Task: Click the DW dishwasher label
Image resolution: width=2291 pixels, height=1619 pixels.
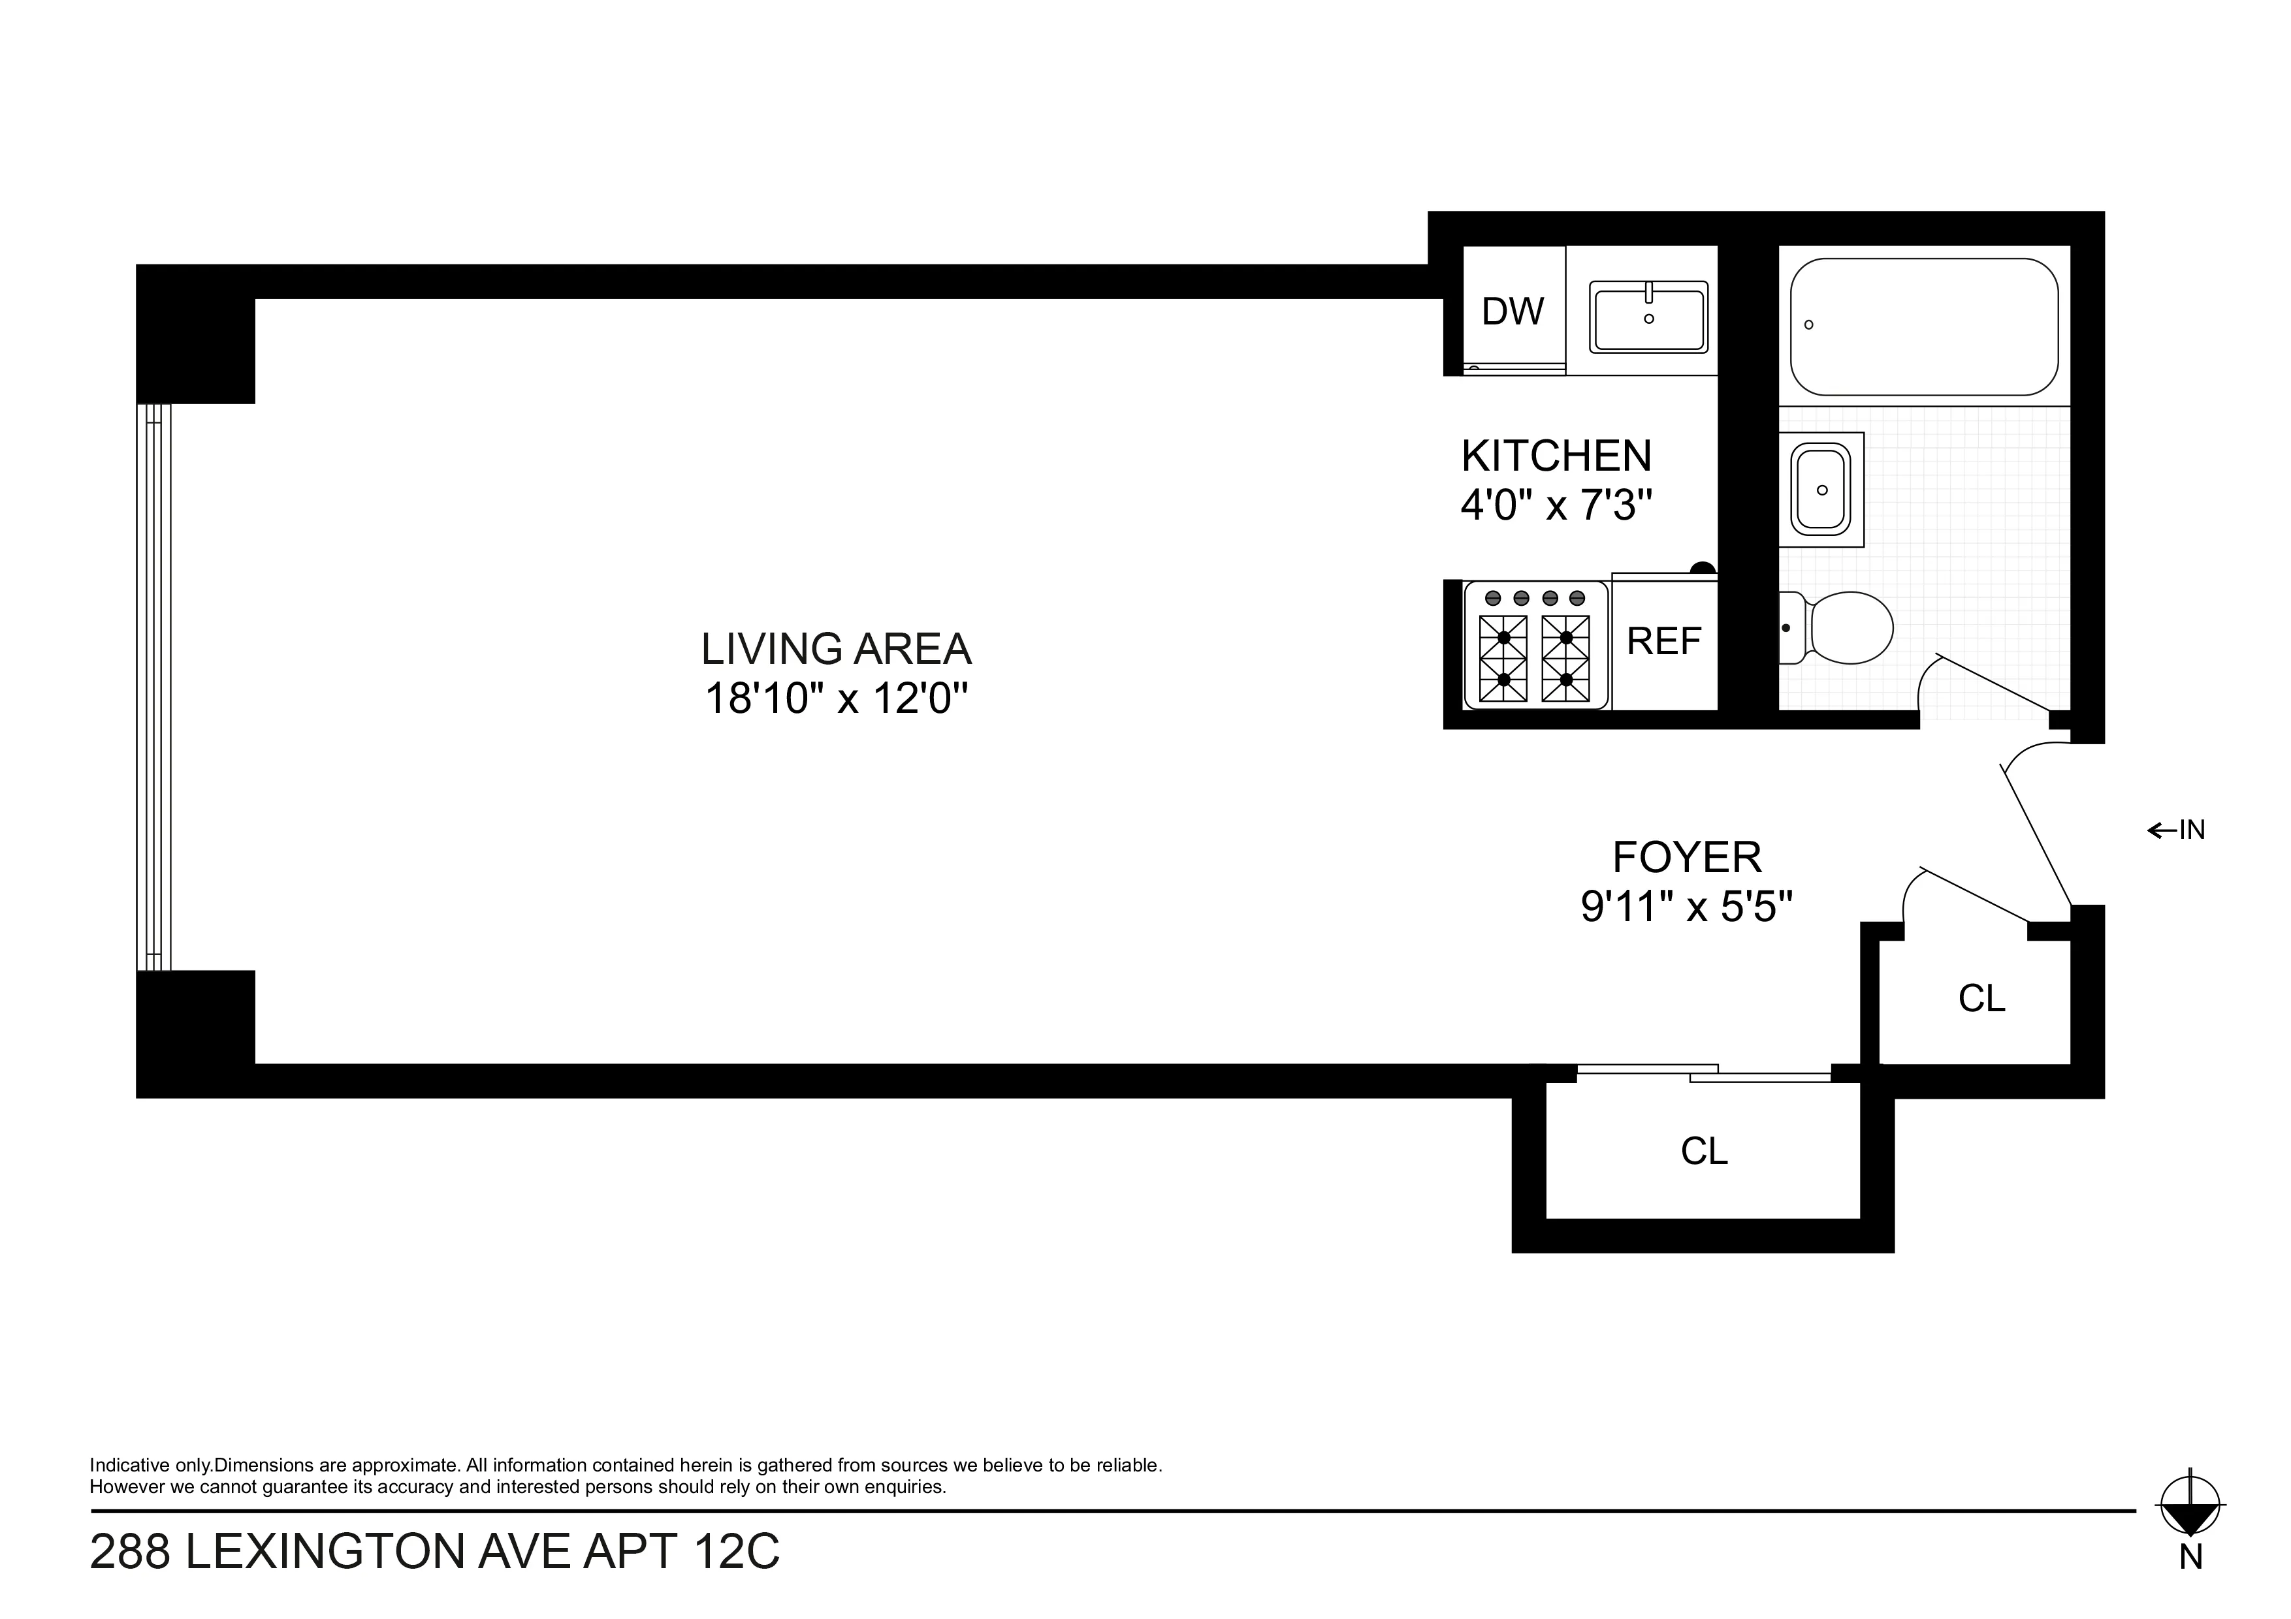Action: pyautogui.click(x=1513, y=312)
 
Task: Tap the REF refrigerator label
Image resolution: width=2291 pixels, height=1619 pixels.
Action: pyautogui.click(x=1663, y=642)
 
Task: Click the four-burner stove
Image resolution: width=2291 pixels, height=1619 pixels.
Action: pyautogui.click(x=1535, y=646)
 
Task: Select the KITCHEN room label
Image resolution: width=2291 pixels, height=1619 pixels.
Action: pyautogui.click(x=1556, y=457)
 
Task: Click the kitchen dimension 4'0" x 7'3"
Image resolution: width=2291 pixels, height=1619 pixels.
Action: pyautogui.click(x=1556, y=506)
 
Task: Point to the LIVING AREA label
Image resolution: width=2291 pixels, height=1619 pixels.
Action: pyautogui.click(x=835, y=650)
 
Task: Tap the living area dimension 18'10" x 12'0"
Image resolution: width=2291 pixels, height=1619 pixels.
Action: pyautogui.click(x=836, y=699)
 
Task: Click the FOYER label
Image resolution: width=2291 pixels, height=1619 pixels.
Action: pyautogui.click(x=1686, y=857)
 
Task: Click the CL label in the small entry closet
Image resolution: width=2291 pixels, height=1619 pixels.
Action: pyautogui.click(x=1981, y=999)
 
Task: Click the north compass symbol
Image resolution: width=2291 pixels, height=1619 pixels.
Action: pyautogui.click(x=2190, y=1532)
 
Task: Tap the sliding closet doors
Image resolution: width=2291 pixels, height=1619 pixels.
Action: pyautogui.click(x=1703, y=1073)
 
